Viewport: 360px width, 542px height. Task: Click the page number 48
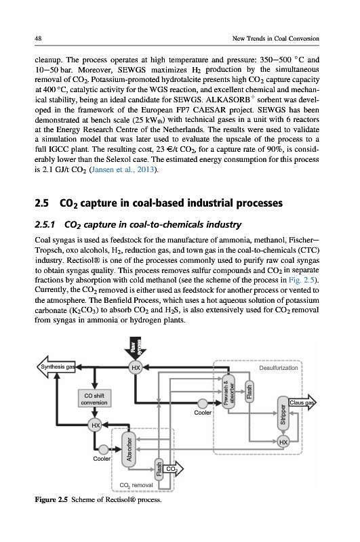coord(38,39)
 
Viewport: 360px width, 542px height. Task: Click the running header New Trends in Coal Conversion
coord(276,39)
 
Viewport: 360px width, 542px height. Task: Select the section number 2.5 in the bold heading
coord(41,203)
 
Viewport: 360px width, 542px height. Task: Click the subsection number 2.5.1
coord(45,225)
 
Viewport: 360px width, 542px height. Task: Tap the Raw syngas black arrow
coord(135,348)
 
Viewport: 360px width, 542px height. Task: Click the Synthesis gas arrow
coord(56,367)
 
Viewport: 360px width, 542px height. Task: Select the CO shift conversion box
coord(94,399)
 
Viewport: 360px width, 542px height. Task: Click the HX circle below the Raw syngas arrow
coord(136,367)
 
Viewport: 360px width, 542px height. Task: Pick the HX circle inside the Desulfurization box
coord(283,442)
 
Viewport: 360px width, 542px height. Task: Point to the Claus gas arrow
coord(302,402)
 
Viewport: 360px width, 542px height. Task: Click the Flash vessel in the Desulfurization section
coord(249,391)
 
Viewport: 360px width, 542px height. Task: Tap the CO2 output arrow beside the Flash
coord(173,469)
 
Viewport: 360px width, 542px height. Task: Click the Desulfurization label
coord(279,368)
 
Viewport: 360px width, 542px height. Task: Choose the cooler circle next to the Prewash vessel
coord(202,403)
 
